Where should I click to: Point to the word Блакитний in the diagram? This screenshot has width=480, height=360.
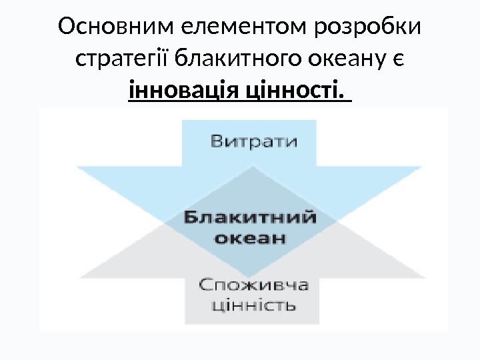pos(249,217)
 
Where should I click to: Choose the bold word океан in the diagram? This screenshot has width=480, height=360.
pos(249,238)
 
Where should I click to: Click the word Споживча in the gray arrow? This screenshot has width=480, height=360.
pos(253,285)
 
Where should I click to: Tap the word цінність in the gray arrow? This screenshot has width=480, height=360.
pos(253,306)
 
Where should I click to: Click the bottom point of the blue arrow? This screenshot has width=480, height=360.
pos(249,277)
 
